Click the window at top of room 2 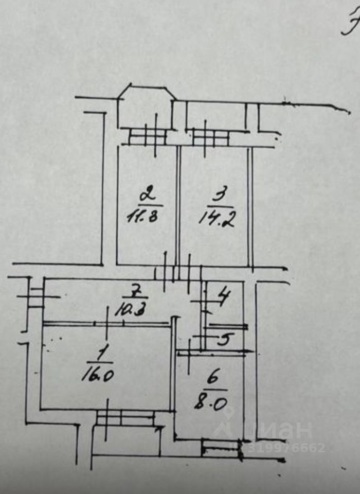147,136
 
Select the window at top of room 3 211,137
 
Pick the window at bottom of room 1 125,417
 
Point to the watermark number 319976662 285,448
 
